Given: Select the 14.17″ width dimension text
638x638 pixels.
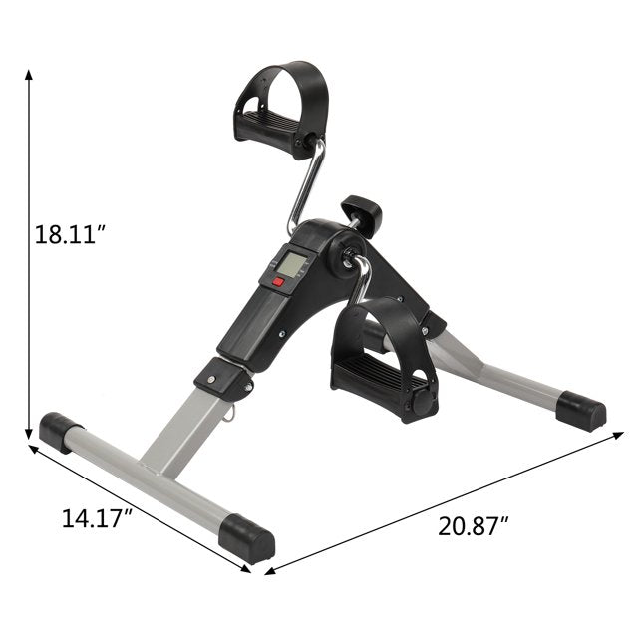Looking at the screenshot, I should pos(97,517).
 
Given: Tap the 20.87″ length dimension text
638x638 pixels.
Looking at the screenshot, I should pos(476,525).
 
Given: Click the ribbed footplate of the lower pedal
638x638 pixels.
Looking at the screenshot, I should pos(375,376).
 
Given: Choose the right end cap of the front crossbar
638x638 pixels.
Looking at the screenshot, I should pos(248,539).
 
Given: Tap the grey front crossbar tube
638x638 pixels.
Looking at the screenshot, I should pos(150,482).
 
